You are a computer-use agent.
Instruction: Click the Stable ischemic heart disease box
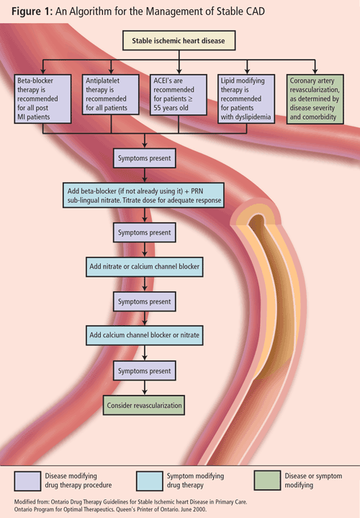click(x=179, y=40)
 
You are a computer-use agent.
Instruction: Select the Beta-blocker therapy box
click(x=42, y=99)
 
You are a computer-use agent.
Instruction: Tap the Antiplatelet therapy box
click(x=111, y=94)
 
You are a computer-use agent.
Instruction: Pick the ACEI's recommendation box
click(x=179, y=94)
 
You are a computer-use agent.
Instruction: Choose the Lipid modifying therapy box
click(x=246, y=99)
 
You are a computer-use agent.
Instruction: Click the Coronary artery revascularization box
click(x=315, y=99)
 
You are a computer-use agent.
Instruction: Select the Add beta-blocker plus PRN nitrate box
click(x=144, y=195)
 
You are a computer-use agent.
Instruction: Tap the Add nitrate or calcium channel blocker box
click(x=145, y=267)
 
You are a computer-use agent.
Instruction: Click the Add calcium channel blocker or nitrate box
click(x=145, y=335)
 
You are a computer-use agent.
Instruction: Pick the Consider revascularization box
click(x=144, y=405)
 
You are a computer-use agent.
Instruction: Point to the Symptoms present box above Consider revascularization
click(x=145, y=371)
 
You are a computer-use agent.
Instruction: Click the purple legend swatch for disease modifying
click(x=28, y=481)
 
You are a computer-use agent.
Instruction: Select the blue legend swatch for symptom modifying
click(x=150, y=481)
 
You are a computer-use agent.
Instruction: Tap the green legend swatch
click(x=267, y=481)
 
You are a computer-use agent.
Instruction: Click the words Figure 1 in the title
click(x=32, y=12)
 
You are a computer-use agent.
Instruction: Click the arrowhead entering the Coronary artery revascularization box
click(x=315, y=71)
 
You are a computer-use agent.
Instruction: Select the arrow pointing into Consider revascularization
click(x=145, y=388)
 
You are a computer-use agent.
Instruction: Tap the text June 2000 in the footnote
click(x=194, y=509)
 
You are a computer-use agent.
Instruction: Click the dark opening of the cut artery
click(x=257, y=221)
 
